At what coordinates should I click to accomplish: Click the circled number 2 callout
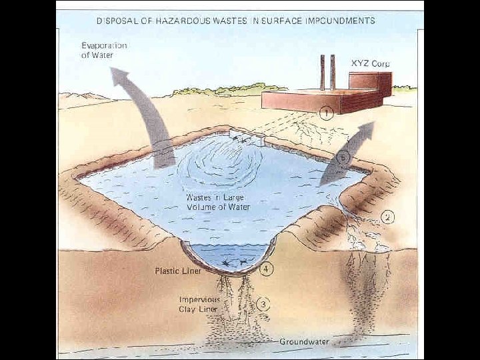(389, 217)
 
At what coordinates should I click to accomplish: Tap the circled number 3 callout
(264, 305)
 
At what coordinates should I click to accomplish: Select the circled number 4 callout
(267, 270)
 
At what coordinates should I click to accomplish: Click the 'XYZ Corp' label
(370, 63)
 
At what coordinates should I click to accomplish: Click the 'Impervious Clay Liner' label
(199, 304)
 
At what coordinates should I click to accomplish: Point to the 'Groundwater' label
(304, 341)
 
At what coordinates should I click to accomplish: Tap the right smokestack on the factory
(332, 73)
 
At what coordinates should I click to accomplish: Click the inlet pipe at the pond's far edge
(248, 137)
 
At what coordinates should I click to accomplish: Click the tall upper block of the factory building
(369, 84)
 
